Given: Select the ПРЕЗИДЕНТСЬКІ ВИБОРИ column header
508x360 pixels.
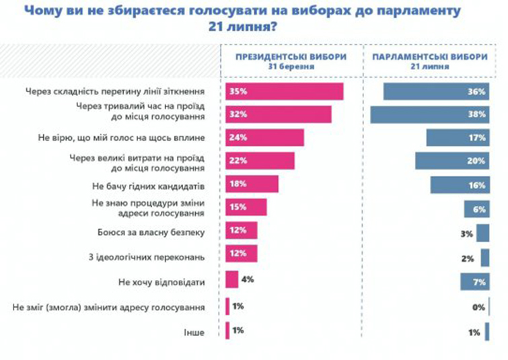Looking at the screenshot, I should tap(291, 61).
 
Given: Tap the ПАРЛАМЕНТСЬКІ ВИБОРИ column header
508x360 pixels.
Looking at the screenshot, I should tap(429, 61).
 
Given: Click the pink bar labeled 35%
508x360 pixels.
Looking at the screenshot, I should tap(285, 92).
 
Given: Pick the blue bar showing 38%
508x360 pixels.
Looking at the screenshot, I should tap(429, 114).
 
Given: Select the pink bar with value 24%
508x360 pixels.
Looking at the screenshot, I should tap(265, 138).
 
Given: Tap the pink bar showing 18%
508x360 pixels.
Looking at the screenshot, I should tap(252, 184).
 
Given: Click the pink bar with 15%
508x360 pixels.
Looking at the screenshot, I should tap(246, 208).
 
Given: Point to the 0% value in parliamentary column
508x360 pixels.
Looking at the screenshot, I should tap(479, 308).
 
